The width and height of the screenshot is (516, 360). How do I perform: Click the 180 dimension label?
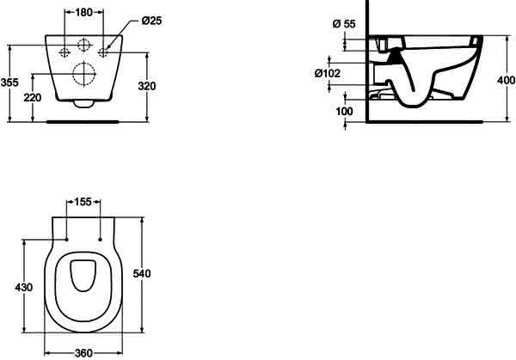click(x=84, y=13)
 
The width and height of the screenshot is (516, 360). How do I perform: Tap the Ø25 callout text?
click(x=151, y=21)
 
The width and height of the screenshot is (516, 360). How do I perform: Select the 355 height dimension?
click(x=9, y=82)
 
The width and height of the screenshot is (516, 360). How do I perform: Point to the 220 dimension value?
click(x=33, y=98)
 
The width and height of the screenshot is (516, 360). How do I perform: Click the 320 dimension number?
click(x=147, y=86)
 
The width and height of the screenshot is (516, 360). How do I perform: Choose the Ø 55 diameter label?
click(x=344, y=24)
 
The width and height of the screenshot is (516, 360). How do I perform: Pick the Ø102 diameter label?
click(x=327, y=73)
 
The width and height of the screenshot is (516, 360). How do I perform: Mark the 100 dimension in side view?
click(x=344, y=112)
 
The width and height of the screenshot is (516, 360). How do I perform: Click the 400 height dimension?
click(x=507, y=80)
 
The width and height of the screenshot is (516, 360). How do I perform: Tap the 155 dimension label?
click(x=83, y=202)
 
